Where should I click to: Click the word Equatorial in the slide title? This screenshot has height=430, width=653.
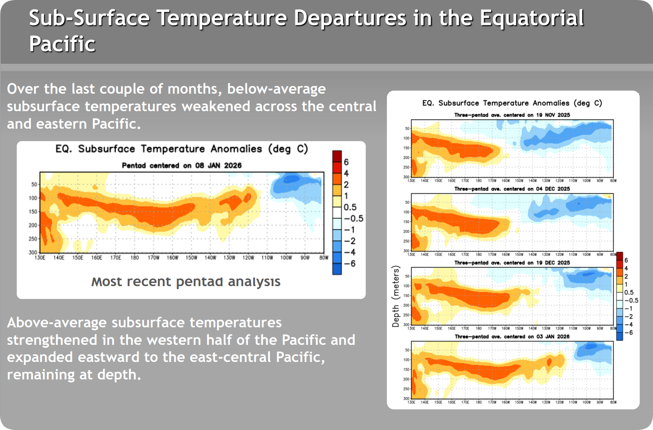532,18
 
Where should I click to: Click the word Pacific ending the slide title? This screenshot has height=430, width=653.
62,44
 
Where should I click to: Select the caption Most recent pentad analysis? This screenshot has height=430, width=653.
186,281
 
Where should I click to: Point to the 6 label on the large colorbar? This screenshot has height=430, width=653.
346,162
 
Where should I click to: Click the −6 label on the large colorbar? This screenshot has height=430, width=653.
350,264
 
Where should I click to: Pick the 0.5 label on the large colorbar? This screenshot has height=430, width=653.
350,207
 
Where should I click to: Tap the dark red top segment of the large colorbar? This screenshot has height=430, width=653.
337,156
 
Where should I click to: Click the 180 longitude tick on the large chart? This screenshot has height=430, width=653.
134,258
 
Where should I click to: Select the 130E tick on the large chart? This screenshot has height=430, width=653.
40,258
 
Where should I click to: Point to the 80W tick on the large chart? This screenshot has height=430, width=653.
324,258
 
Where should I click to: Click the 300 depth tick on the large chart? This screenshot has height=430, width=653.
33,252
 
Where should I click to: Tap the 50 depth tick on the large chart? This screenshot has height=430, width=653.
34,185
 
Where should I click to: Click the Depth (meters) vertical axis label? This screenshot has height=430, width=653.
396,296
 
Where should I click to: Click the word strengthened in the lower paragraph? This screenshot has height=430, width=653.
52,340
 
